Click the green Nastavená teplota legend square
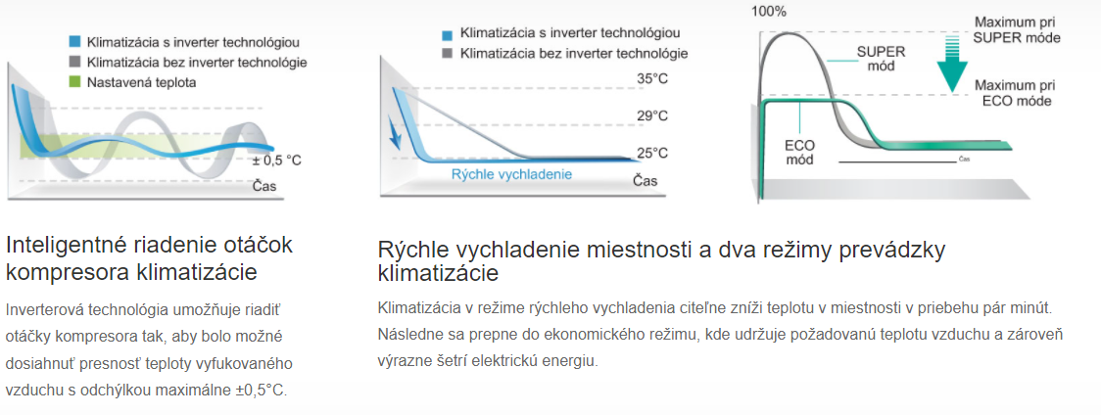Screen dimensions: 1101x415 (x=75, y=82)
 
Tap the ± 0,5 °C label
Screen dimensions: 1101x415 (x=276, y=161)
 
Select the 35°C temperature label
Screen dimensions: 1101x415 (x=652, y=78)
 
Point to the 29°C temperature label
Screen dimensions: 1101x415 (x=652, y=115)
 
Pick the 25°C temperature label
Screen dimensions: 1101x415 (x=652, y=153)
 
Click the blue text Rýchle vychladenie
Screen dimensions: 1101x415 (x=511, y=174)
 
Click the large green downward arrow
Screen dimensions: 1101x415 (x=952, y=63)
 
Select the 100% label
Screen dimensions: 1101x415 (x=769, y=11)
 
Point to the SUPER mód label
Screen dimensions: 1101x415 (x=882, y=59)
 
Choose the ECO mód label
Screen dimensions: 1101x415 (x=799, y=153)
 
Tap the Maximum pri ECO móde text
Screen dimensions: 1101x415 (x=1015, y=93)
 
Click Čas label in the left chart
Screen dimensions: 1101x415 (x=264, y=186)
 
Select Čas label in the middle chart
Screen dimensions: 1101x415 (x=646, y=181)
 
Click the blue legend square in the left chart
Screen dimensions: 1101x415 (x=75, y=41)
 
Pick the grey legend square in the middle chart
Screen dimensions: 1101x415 (x=448, y=54)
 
